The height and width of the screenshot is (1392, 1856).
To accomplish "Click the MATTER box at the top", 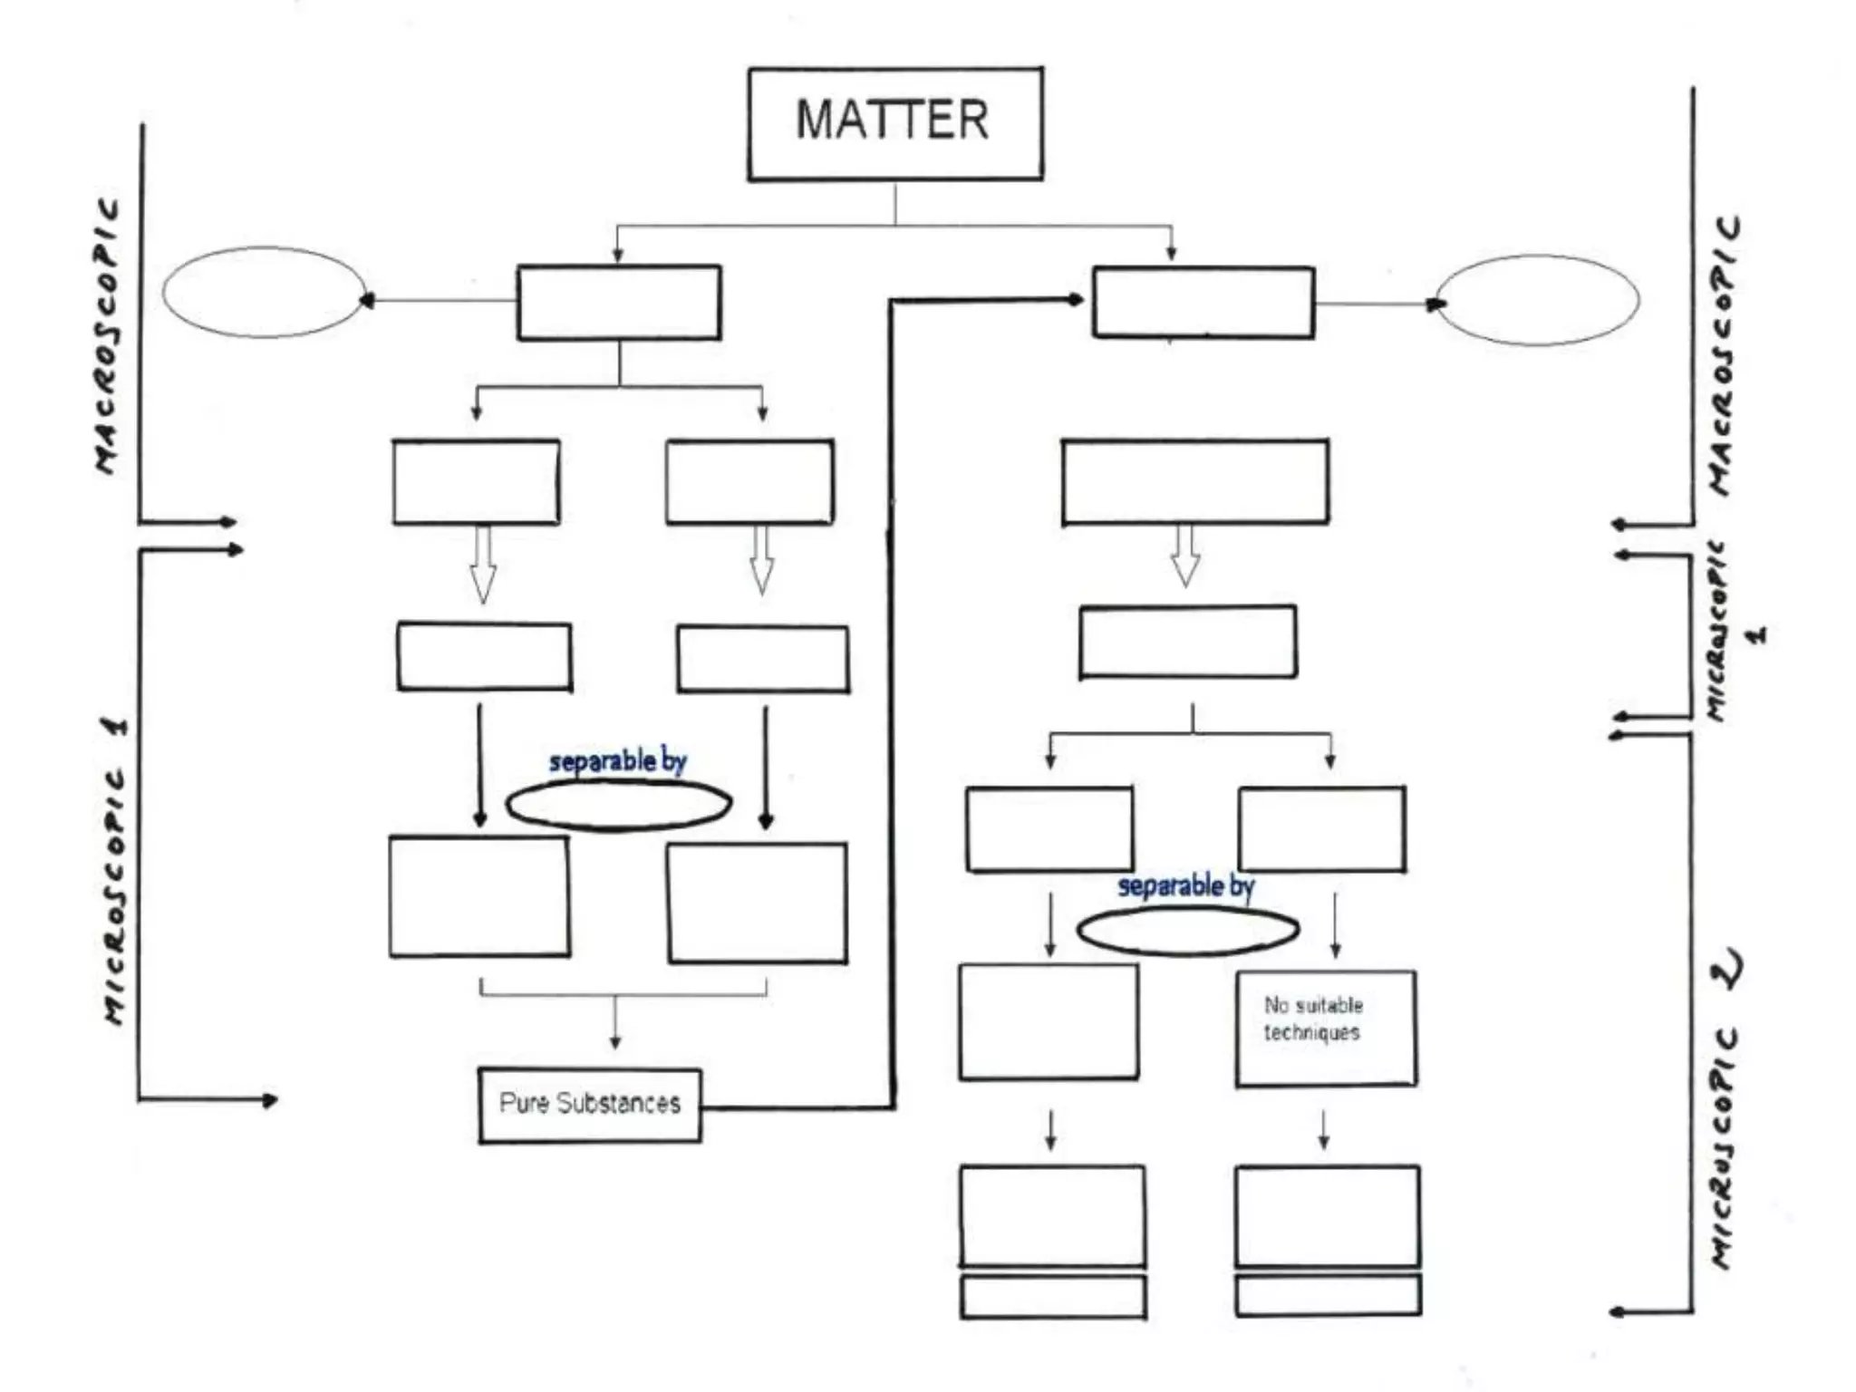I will pyautogui.click(x=894, y=123).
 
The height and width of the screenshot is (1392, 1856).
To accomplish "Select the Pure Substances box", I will pyautogui.click(x=589, y=1105).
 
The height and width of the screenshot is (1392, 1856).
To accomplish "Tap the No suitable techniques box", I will pyautogui.click(x=1325, y=1028).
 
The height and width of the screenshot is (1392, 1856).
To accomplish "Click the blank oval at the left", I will pyautogui.click(x=263, y=293).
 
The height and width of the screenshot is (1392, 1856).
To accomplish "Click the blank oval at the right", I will pyautogui.click(x=1538, y=300).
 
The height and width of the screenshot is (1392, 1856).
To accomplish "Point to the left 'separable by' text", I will pyautogui.click(x=618, y=761).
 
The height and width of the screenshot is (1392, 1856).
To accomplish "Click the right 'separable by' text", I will pyautogui.click(x=1185, y=885).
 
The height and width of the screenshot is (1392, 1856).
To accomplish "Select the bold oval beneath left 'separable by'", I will pyautogui.click(x=618, y=805).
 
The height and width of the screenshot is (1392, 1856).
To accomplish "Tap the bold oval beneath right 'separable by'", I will pyautogui.click(x=1187, y=930).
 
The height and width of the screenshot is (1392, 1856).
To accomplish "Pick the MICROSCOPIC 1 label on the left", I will pyautogui.click(x=115, y=870).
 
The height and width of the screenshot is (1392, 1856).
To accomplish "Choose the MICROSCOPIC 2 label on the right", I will pyautogui.click(x=1725, y=1106).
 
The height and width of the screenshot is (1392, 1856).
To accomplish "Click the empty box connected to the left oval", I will pyautogui.click(x=619, y=303).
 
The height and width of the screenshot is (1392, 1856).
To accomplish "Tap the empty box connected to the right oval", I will pyautogui.click(x=1203, y=303).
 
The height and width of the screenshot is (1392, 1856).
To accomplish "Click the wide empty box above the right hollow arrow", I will pyautogui.click(x=1194, y=482).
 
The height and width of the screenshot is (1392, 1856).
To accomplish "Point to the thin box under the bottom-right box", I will pyautogui.click(x=1327, y=1296).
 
